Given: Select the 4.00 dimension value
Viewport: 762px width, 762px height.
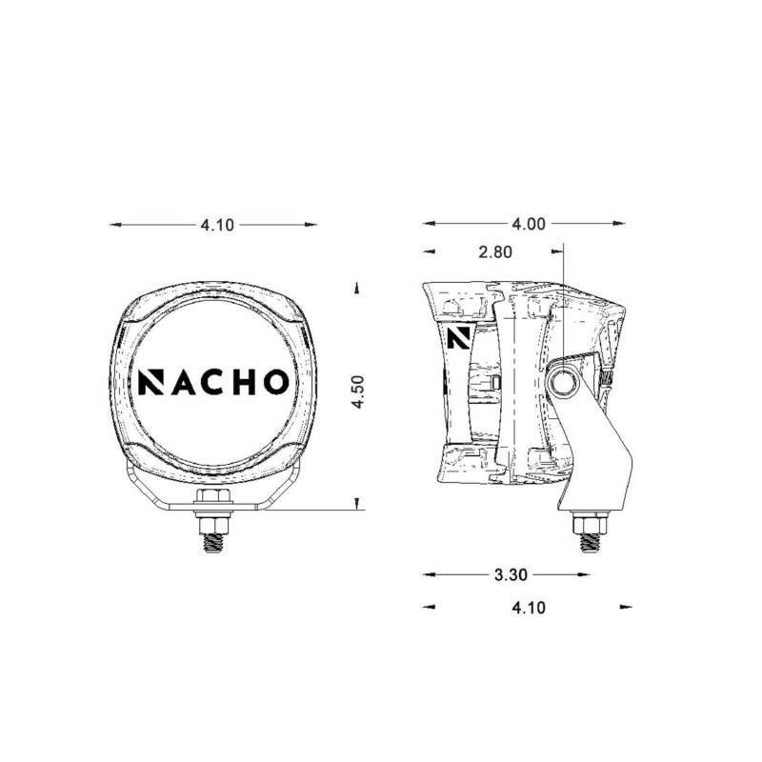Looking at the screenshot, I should [x=529, y=225].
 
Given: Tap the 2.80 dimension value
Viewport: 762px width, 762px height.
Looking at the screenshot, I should [x=495, y=252].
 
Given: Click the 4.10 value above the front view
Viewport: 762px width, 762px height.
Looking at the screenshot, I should [x=216, y=225].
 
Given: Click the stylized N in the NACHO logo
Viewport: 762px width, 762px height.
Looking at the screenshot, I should [x=151, y=381].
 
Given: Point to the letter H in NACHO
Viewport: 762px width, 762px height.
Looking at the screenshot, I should [x=242, y=381].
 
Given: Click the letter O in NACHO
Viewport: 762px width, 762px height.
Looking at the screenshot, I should [x=272, y=381].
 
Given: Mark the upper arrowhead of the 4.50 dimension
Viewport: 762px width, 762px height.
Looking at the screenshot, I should [x=355, y=287].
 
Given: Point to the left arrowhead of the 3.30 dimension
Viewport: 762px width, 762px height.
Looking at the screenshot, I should [x=429, y=575].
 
